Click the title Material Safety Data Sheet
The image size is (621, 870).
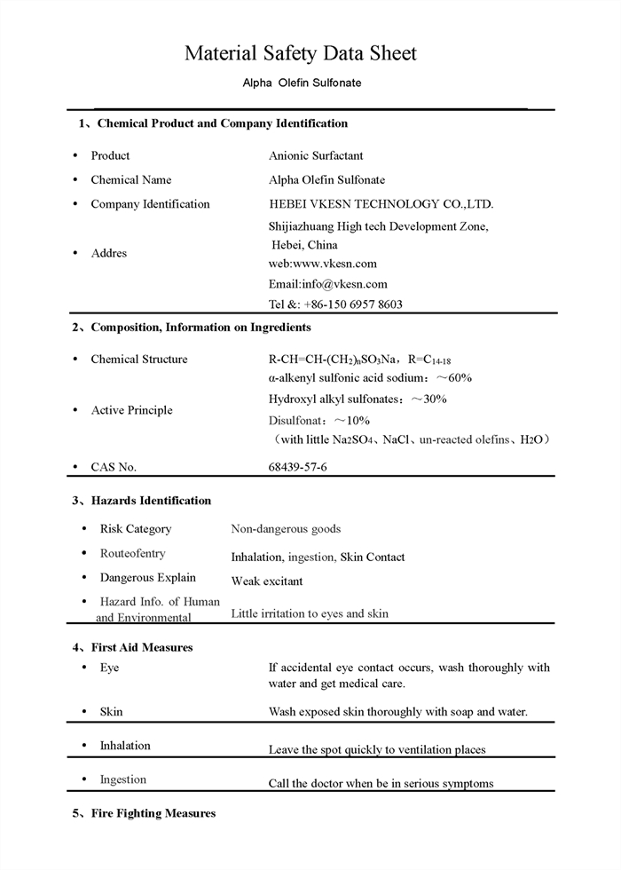pos(300,53)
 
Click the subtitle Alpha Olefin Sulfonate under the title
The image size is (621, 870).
pos(302,83)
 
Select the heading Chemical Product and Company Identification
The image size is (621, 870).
pos(222,123)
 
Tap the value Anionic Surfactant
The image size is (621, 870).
pos(316,155)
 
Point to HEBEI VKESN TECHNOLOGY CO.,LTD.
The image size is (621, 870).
pos(381,203)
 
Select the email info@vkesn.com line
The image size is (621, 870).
pos(328,284)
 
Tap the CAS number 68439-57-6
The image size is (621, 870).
pos(297,466)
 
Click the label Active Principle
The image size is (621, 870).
pos(131,410)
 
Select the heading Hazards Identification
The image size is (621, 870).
pos(151,501)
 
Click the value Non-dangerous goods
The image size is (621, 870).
pos(286,529)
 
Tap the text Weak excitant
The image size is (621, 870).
pos(267,581)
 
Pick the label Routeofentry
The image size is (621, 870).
pos(132,553)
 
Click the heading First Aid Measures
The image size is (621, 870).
pos(142,647)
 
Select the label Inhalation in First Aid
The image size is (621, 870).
pos(125,746)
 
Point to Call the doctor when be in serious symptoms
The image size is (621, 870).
pos(381,783)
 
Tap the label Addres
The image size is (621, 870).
pos(109,253)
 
